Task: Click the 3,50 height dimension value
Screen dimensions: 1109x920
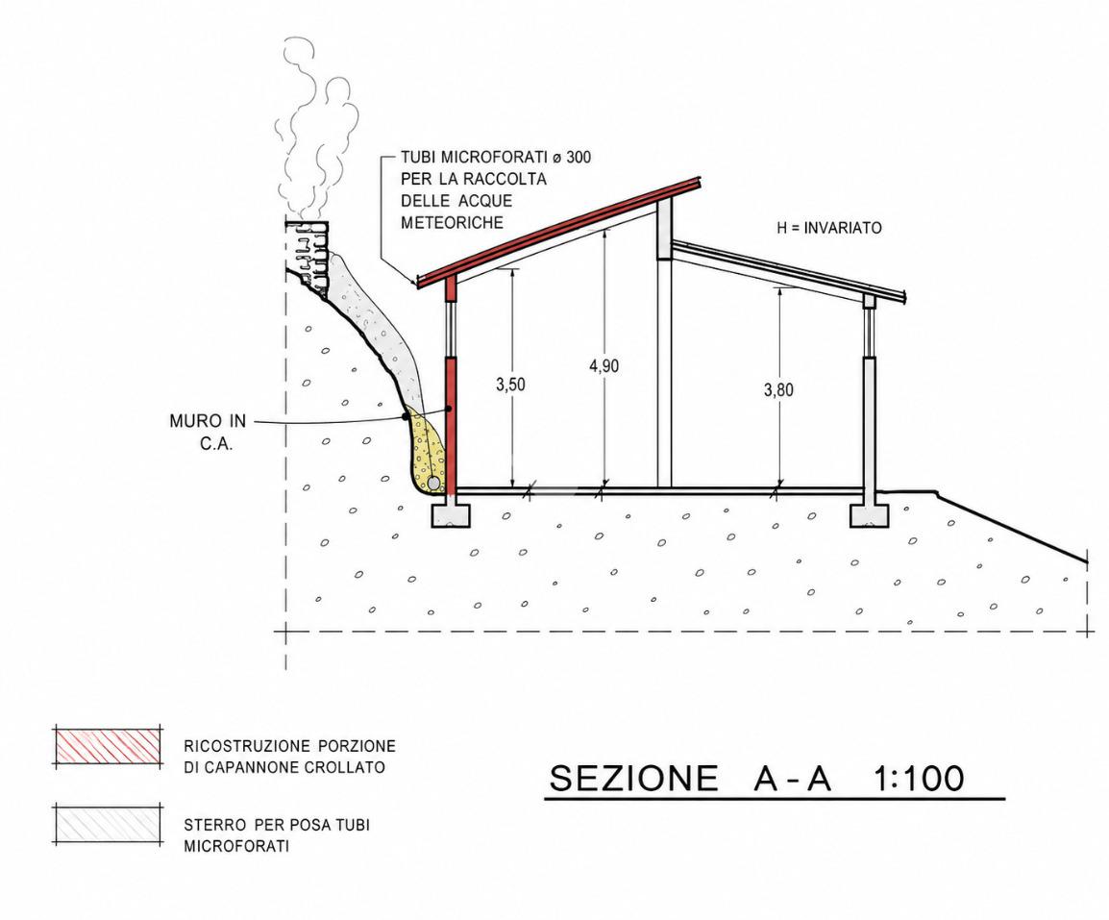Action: click(x=510, y=385)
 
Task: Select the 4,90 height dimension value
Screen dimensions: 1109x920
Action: click(x=604, y=366)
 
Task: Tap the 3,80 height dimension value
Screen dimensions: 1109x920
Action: click(x=778, y=390)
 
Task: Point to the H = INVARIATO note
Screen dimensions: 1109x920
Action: click(x=829, y=228)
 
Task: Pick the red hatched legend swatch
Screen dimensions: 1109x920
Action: click(x=109, y=746)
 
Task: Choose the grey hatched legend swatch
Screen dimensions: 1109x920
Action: click(x=109, y=825)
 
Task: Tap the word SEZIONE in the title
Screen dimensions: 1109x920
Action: click(x=633, y=778)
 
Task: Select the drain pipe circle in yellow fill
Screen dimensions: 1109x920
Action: click(x=432, y=484)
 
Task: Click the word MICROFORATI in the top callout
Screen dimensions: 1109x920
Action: click(x=485, y=157)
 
